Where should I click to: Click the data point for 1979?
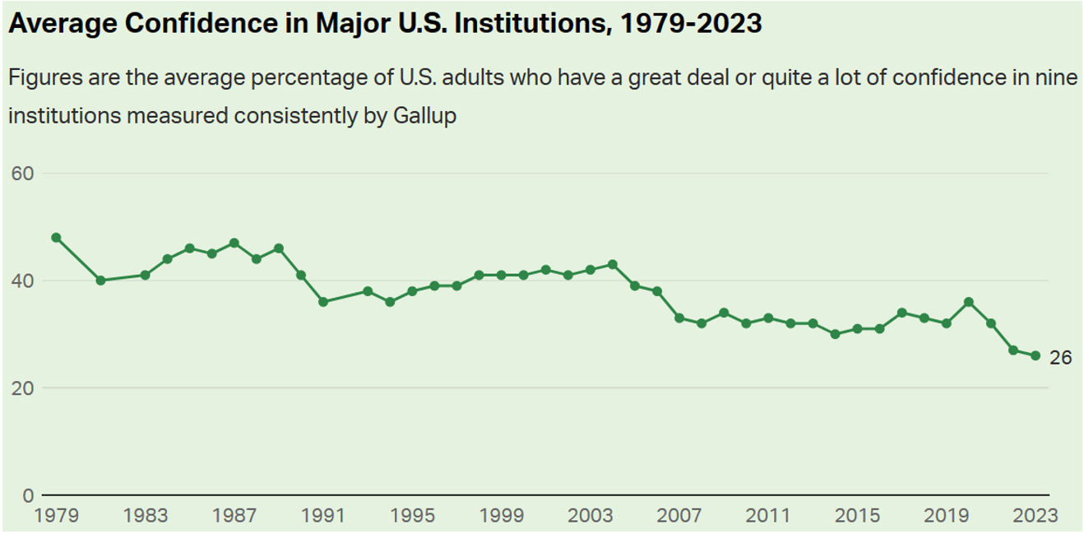[x=56, y=237]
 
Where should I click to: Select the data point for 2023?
[x=1035, y=355]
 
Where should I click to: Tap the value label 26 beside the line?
[x=1060, y=357]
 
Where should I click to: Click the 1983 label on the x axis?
[x=146, y=516]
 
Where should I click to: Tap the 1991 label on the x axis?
[x=323, y=516]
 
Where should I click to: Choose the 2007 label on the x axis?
[x=679, y=516]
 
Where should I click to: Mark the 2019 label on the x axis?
[x=947, y=516]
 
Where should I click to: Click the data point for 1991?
[x=323, y=302]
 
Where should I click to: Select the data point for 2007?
[x=679, y=318]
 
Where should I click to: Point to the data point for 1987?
[x=234, y=243]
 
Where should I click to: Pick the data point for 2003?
[x=591, y=269]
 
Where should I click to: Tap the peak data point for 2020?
[x=969, y=302]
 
